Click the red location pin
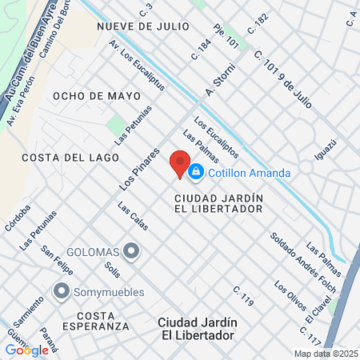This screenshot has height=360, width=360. pyautogui.click(x=180, y=162)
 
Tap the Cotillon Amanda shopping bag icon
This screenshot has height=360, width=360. pyautogui.click(x=196, y=172)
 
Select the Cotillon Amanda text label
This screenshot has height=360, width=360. pyautogui.click(x=249, y=172)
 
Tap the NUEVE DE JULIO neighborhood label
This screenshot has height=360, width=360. pyautogui.click(x=143, y=26)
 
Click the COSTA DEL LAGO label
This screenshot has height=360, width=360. pyautogui.click(x=65, y=158)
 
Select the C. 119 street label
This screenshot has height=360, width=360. pyautogui.click(x=243, y=296)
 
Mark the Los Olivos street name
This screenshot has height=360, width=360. pyautogui.click(x=289, y=297)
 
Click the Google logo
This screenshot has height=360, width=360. pyautogui.click(x=26, y=350)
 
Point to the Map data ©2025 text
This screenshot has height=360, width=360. pyautogui.click(x=326, y=354)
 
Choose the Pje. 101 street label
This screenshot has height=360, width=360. pyautogui.click(x=226, y=37)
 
